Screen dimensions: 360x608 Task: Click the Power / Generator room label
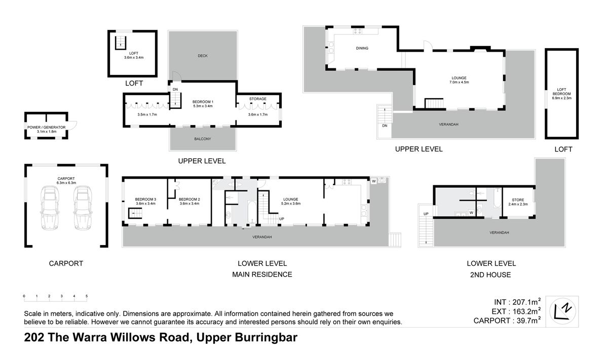tap(47, 127)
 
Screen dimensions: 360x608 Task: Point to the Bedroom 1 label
tap(203, 102)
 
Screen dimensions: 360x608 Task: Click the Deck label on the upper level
tap(203, 56)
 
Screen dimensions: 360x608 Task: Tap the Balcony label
tap(202, 139)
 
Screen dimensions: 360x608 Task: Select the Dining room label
tap(362, 49)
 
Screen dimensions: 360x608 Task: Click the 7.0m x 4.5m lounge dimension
tap(459, 82)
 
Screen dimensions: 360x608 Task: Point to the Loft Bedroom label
tap(561, 94)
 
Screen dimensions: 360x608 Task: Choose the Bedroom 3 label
tap(145, 199)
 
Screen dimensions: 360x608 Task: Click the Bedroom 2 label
tap(189, 199)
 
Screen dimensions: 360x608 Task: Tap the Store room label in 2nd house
tap(518, 200)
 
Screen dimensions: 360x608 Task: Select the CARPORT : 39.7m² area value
tap(507, 321)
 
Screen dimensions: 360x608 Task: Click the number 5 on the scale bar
tap(87, 296)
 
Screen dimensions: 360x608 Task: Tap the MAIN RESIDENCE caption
tap(262, 274)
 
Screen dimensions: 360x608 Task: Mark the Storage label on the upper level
tap(258, 99)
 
